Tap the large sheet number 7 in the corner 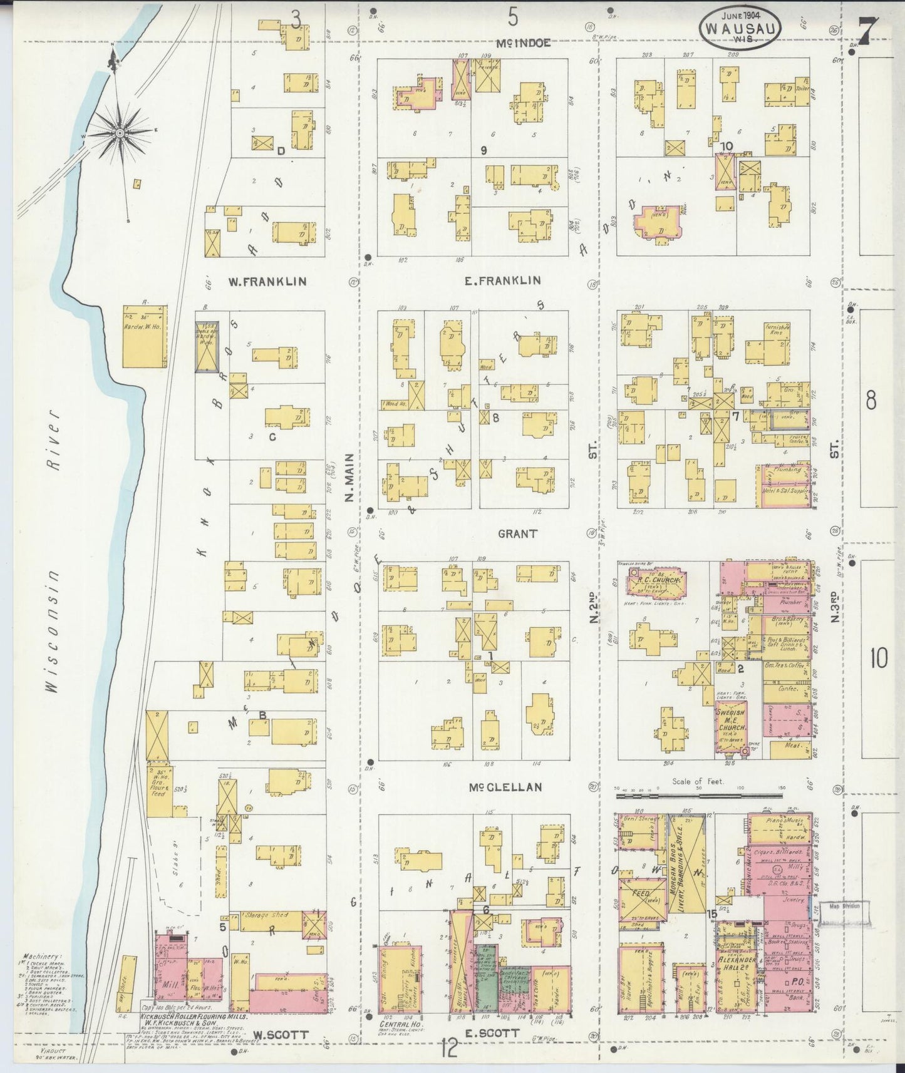(869, 30)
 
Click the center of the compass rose (118, 132)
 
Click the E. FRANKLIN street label (502, 280)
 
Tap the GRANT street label (517, 534)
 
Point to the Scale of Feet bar (700, 796)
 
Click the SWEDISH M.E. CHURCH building (732, 724)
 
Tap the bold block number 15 (712, 915)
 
